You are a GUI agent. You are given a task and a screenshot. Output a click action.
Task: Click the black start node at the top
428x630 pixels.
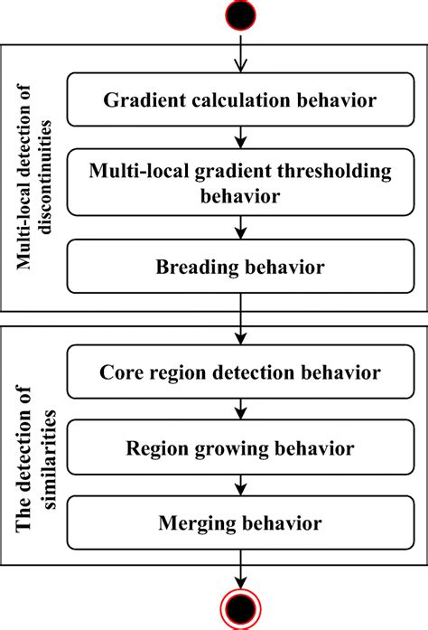click(x=241, y=14)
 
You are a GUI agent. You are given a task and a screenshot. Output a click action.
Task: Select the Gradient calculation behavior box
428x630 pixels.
click(x=240, y=100)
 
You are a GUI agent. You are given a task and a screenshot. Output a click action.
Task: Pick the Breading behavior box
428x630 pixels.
click(x=240, y=268)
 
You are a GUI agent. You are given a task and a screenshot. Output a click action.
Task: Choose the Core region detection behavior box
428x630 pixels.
click(x=240, y=371)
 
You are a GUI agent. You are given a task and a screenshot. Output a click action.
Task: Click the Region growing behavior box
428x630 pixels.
click(x=240, y=447)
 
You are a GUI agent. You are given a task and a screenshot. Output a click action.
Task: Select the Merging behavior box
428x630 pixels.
click(x=240, y=522)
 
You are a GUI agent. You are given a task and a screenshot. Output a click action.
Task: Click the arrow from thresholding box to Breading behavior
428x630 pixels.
click(x=241, y=230)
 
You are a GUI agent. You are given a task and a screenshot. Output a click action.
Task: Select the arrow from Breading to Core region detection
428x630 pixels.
click(x=241, y=321)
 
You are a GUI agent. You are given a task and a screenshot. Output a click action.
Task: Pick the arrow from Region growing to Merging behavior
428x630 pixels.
click(x=241, y=485)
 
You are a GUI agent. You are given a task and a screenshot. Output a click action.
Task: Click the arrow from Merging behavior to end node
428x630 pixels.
click(x=241, y=569)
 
